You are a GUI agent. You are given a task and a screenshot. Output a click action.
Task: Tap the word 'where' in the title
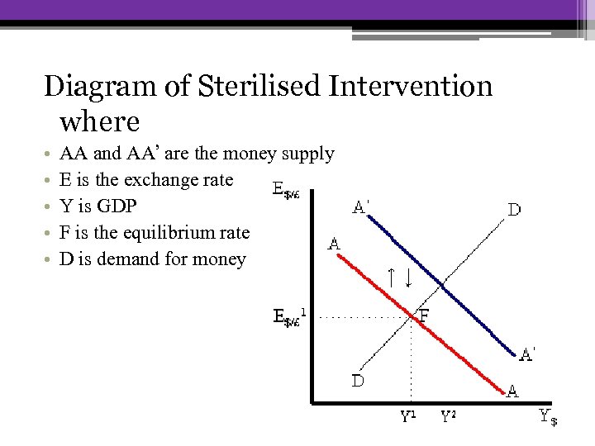tap(100, 121)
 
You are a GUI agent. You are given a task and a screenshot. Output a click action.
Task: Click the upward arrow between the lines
tap(393, 278)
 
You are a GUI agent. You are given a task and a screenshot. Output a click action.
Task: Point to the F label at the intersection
tap(424, 315)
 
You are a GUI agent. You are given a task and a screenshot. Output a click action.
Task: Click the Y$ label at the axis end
tap(548, 417)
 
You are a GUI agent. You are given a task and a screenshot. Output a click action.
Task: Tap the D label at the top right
tap(513, 210)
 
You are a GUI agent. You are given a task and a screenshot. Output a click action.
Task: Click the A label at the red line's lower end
tap(512, 392)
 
